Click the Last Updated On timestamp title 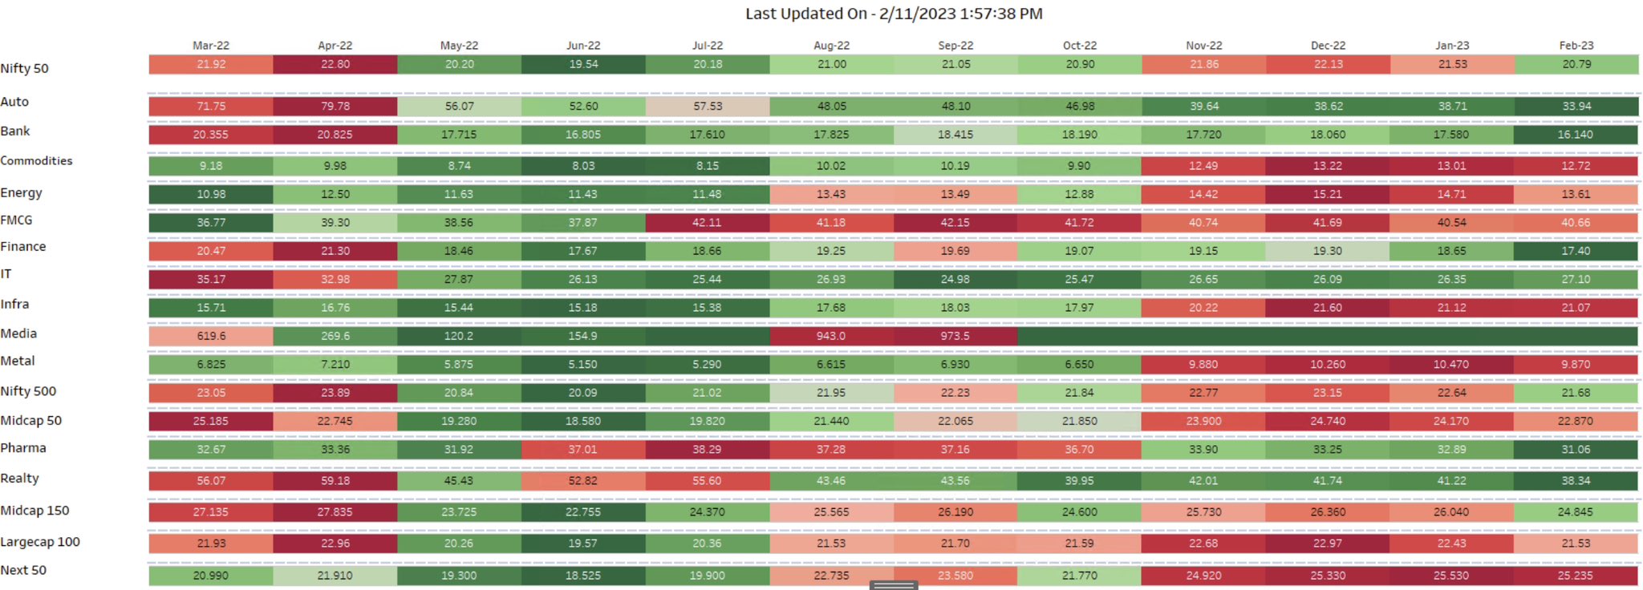click(x=894, y=14)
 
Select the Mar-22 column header click(x=211, y=46)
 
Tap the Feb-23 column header click(x=1576, y=46)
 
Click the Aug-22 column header click(x=831, y=46)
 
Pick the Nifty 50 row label click(x=25, y=69)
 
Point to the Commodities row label click(x=37, y=161)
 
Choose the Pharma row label click(x=23, y=448)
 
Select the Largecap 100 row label click(x=40, y=542)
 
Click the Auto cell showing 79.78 click(x=335, y=106)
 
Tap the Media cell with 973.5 click(x=955, y=336)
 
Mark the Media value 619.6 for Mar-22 click(x=211, y=336)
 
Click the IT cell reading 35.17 click(x=211, y=279)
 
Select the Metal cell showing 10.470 click(x=1451, y=364)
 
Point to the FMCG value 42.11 click(x=707, y=223)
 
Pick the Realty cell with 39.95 click(x=1079, y=481)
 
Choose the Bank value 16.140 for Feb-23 click(x=1576, y=135)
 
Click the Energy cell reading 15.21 click(x=1328, y=194)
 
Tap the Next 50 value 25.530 click(x=1451, y=576)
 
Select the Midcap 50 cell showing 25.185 click(x=211, y=421)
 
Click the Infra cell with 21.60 click(x=1328, y=308)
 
